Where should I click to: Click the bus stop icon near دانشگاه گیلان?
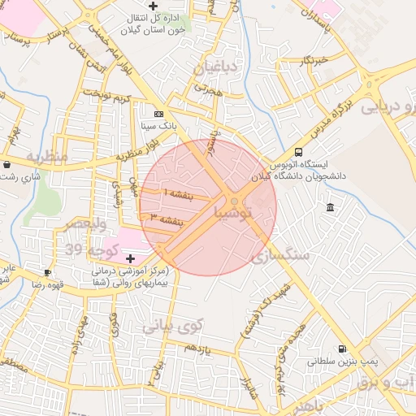(x=298, y=152)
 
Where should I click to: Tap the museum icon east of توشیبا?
(x=329, y=210)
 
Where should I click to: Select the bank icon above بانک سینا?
(x=158, y=115)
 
